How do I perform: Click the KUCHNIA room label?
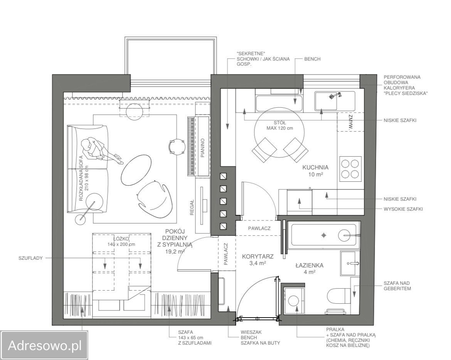[315, 167]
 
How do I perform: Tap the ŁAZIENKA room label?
[309, 265]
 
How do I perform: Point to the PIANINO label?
[202, 148]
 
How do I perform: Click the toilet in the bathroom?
[339, 296]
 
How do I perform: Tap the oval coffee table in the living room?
[136, 170]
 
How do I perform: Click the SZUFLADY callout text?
[30, 258]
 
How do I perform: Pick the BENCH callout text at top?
[312, 59]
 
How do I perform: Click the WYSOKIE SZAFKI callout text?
[403, 209]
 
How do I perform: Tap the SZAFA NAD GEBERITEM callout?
[397, 286]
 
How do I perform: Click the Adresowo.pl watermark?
[45, 345]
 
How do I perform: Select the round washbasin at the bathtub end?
[347, 235]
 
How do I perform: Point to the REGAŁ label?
[192, 208]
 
